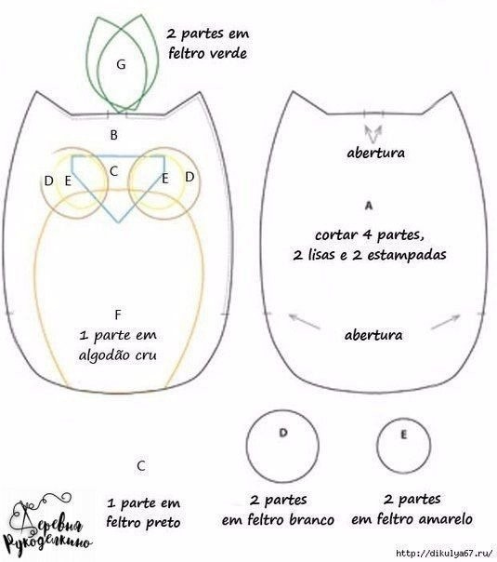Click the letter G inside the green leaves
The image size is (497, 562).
point(121,64)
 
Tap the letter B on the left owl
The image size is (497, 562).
point(113,135)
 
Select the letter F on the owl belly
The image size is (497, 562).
point(118,314)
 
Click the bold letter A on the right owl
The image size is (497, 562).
point(369,206)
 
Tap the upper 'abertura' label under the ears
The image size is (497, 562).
point(375,153)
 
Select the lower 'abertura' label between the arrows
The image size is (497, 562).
point(373,335)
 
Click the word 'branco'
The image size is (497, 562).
point(310,520)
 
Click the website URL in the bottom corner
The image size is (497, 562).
point(444,553)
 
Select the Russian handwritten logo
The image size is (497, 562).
point(46,523)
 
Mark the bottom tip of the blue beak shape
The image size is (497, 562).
point(118,222)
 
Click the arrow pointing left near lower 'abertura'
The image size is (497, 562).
point(304,321)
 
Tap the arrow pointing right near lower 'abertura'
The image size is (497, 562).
point(446,322)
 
